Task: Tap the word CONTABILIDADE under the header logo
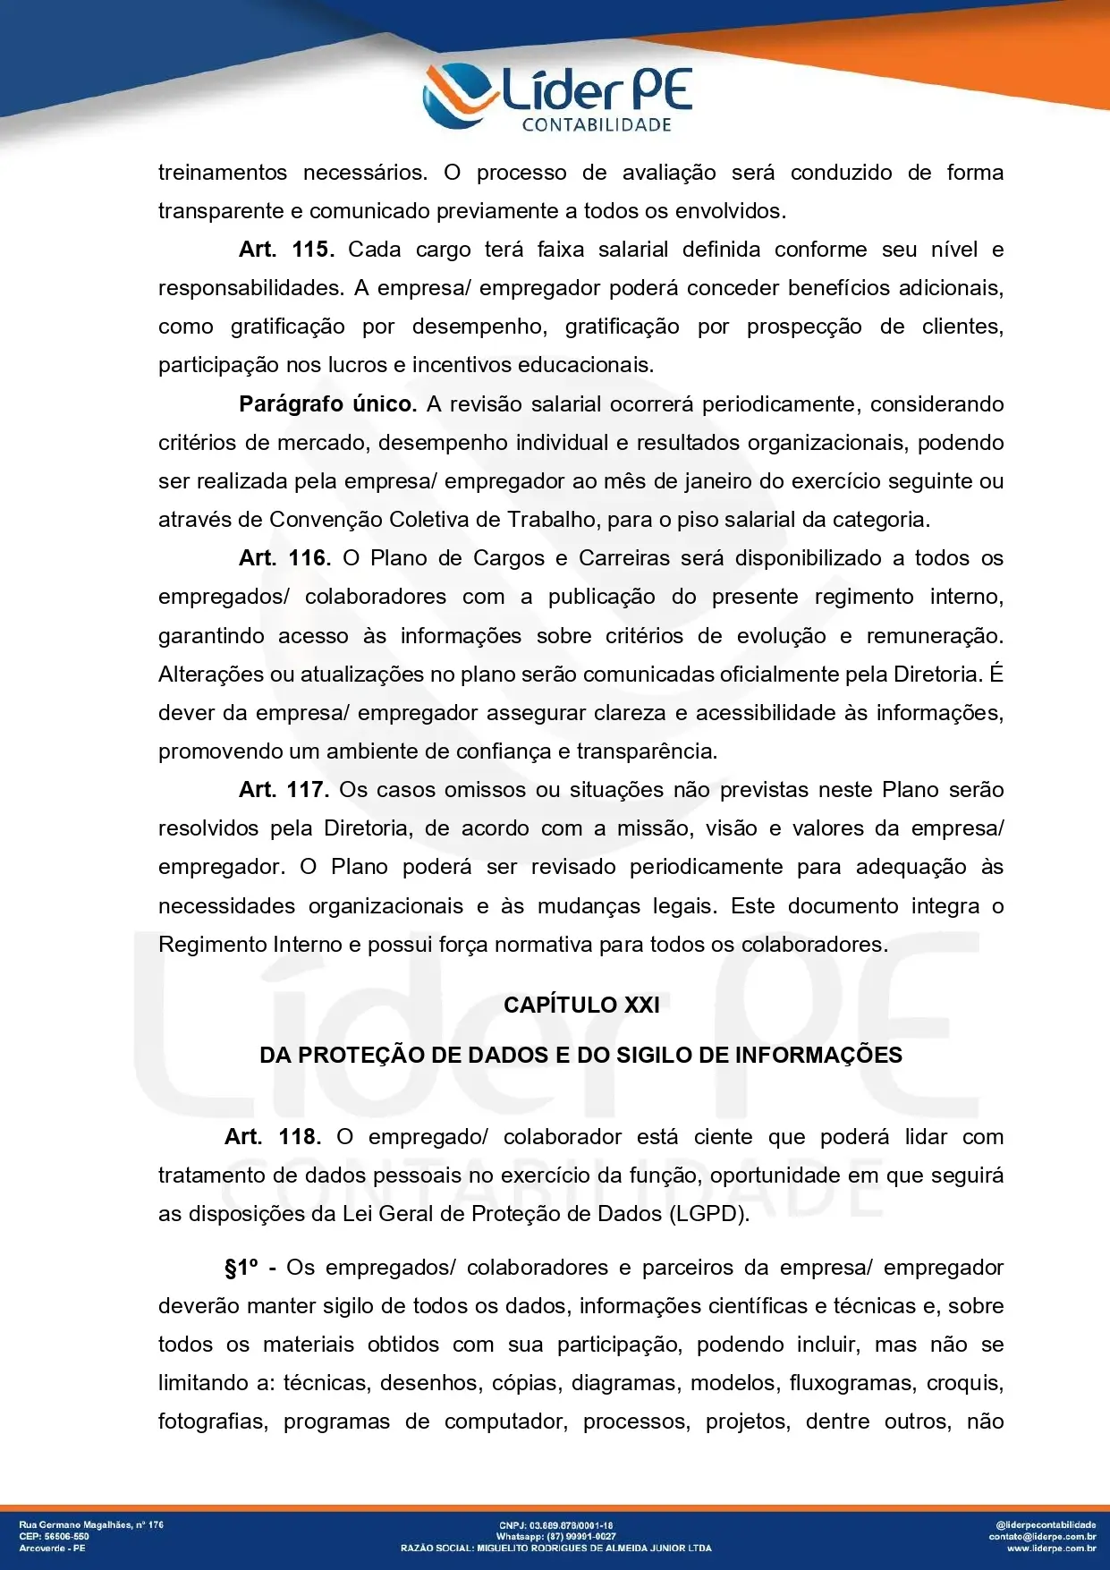click(x=597, y=125)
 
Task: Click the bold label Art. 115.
click(x=286, y=250)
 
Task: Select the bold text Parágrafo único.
click(x=327, y=404)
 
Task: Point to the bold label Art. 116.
click(x=284, y=558)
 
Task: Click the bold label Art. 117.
click(x=284, y=790)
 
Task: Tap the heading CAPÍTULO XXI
click(x=581, y=1005)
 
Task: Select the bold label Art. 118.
click(x=272, y=1137)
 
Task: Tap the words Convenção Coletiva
click(x=386, y=520)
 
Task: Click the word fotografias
click(x=212, y=1421)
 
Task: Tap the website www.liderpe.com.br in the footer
click(x=1051, y=1548)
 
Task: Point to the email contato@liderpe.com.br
click(x=1042, y=1536)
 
